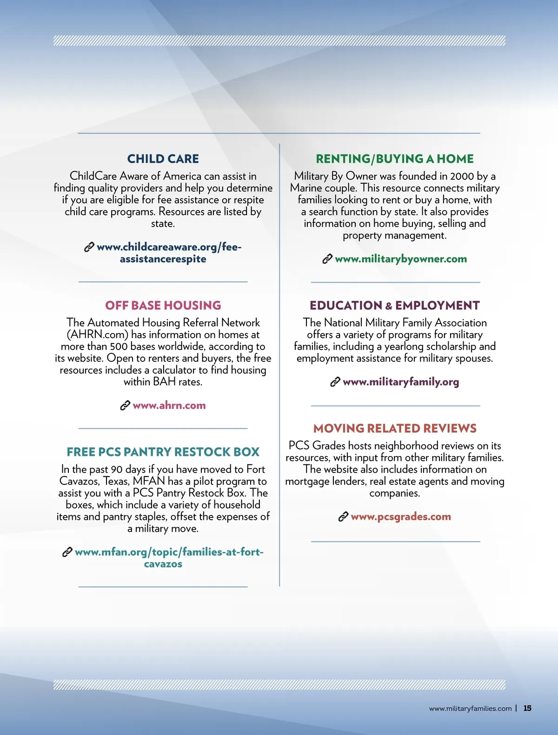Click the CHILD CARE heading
click(163, 159)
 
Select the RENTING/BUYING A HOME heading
click(394, 159)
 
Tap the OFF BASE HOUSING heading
click(163, 305)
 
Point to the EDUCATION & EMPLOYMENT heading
click(394, 305)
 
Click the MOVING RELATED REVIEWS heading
click(394, 428)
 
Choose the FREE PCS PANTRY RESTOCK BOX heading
click(163, 452)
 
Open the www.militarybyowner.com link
click(400, 259)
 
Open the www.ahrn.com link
click(169, 405)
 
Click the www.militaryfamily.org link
click(400, 382)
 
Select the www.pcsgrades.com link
click(400, 516)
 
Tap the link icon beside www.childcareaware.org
click(89, 247)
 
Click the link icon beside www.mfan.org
click(67, 552)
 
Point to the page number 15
click(527, 709)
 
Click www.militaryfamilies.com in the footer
click(470, 709)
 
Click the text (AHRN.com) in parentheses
click(97, 335)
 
